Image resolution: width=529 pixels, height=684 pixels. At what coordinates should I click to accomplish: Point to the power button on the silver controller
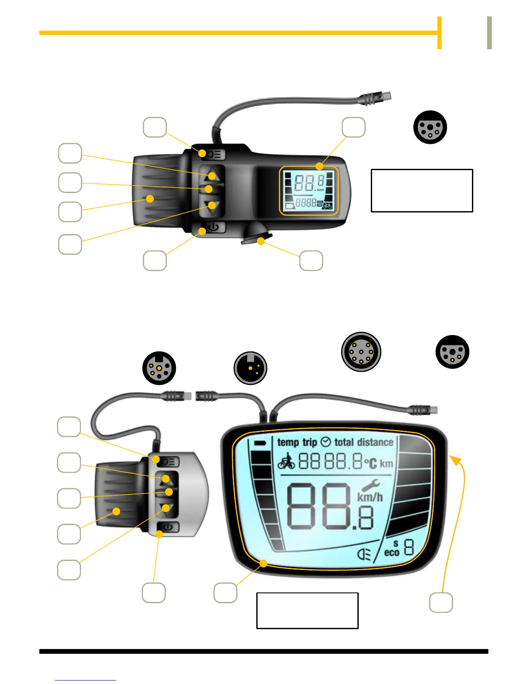168,527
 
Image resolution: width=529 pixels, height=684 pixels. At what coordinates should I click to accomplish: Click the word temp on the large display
288,442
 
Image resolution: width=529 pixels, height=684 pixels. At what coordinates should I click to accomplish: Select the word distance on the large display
375,442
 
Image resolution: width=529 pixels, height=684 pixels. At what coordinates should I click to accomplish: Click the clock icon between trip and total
326,442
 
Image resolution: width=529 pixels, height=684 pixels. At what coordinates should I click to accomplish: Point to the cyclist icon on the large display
286,461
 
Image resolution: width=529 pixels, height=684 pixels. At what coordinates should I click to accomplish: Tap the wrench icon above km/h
370,485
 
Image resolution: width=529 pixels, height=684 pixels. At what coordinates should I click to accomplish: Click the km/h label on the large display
370,497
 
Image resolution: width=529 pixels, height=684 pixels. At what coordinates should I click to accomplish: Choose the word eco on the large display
392,552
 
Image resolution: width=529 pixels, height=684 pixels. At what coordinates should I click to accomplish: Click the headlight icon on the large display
364,554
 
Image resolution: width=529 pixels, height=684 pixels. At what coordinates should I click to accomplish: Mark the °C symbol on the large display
370,464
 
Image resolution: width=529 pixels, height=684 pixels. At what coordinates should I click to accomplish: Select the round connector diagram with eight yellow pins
361,352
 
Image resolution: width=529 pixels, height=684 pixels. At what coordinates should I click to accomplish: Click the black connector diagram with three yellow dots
250,368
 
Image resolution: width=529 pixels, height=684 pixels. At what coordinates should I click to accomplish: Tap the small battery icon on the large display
260,443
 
